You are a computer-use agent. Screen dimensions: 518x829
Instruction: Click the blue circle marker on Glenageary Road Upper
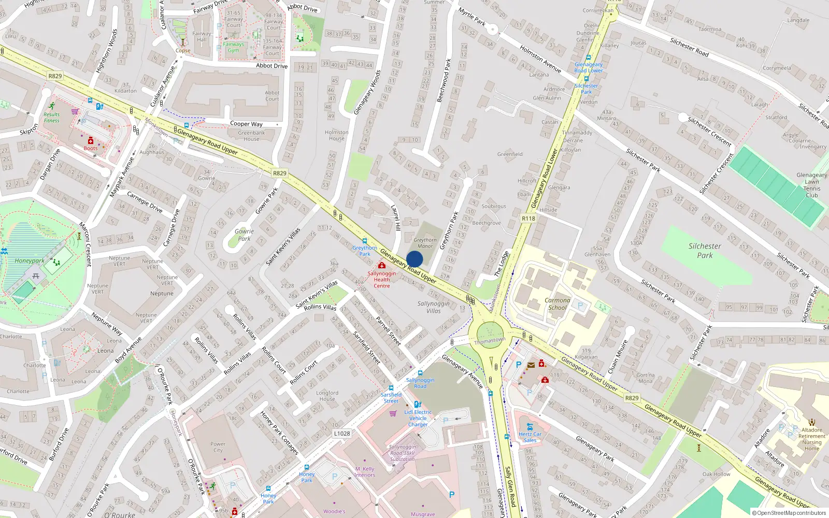414,259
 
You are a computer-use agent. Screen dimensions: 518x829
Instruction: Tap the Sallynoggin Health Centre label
382,280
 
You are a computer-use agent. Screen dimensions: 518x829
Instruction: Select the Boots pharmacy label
91,148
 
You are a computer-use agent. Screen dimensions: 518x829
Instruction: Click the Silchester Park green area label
705,251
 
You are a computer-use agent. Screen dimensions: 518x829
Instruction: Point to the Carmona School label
558,304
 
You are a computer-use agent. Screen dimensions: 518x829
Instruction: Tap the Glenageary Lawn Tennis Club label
812,185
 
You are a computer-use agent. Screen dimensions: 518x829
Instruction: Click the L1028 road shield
342,434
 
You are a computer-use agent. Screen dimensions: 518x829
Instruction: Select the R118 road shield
528,219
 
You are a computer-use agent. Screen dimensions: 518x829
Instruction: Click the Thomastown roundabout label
490,340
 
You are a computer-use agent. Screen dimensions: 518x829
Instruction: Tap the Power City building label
218,447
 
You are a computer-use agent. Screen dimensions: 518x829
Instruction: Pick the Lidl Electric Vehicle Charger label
418,418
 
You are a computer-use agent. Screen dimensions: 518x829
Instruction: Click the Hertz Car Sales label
530,437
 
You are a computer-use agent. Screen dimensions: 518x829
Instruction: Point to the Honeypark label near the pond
30,261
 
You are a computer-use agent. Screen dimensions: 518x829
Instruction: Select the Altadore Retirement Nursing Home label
812,439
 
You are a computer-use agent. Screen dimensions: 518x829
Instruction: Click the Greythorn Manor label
425,243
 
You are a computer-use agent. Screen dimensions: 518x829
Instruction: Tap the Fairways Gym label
234,47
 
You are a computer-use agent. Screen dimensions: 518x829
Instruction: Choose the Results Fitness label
51,118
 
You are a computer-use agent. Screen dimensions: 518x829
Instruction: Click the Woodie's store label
334,511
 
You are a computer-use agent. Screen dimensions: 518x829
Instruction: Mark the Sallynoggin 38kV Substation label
403,453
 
